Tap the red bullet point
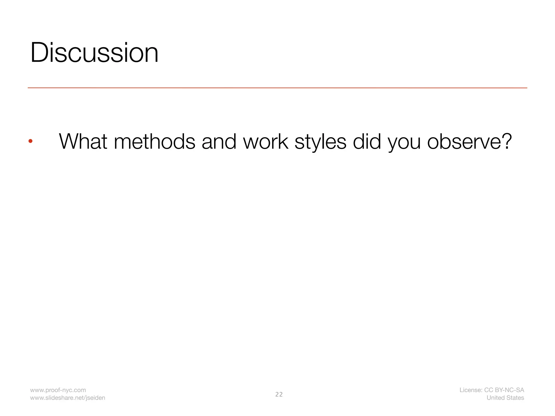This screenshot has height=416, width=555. [30, 141]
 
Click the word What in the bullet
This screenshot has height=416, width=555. [83, 141]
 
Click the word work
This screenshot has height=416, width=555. [266, 141]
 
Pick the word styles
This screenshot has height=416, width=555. [320, 142]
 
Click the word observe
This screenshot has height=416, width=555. [462, 141]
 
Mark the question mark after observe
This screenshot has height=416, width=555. [506, 141]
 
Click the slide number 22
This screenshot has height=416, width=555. [279, 394]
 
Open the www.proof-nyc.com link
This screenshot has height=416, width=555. [58, 390]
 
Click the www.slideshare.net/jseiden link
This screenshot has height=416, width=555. [67, 398]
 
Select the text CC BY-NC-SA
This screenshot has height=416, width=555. [504, 390]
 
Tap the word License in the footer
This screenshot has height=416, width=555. [470, 390]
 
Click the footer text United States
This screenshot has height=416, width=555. [505, 398]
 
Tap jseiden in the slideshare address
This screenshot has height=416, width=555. [95, 398]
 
